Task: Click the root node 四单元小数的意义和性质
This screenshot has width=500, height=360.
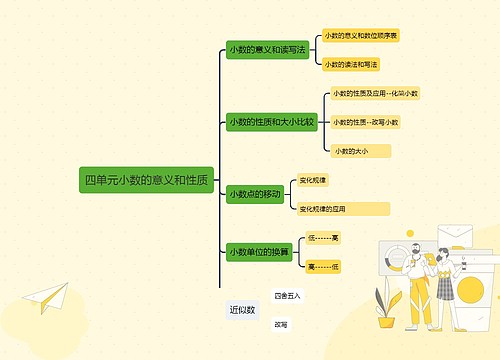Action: (147, 180)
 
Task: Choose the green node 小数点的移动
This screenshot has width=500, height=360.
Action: (254, 193)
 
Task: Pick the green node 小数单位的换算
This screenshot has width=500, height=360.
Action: (259, 252)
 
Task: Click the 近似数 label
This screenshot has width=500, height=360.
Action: (242, 310)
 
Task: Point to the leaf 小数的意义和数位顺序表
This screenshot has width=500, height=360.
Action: (360, 35)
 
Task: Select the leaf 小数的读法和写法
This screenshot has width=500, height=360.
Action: (350, 64)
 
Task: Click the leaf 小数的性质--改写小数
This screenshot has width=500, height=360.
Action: (365, 122)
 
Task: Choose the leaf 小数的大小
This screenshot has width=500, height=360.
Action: (352, 151)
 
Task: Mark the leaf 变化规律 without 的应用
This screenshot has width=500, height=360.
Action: (313, 180)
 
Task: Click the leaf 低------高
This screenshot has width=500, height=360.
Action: (323, 238)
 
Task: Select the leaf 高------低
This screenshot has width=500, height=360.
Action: (323, 267)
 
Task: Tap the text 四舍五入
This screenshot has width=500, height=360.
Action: (287, 296)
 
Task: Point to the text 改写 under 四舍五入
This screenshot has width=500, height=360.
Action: (281, 325)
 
